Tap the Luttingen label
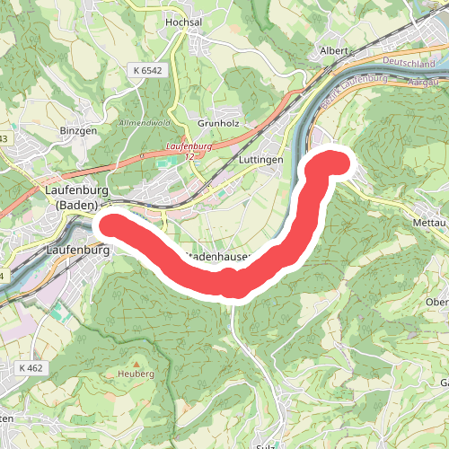[x=261, y=160]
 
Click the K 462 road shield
[x=31, y=368]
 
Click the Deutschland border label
[x=408, y=63]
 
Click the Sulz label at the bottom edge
[x=264, y=445]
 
